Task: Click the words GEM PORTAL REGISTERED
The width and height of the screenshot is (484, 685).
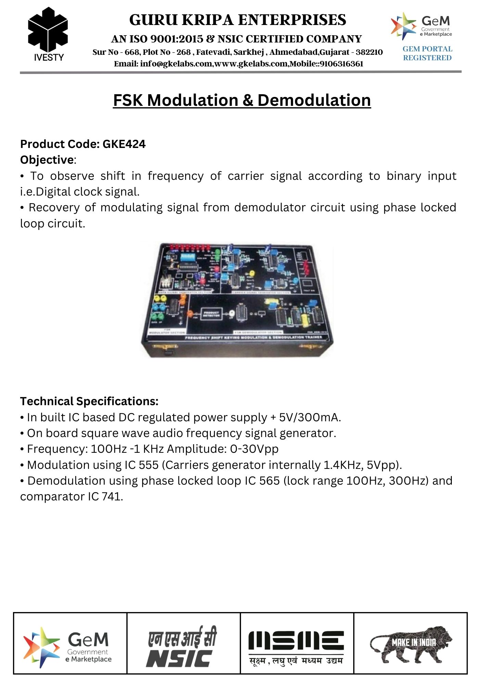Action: (x=427, y=53)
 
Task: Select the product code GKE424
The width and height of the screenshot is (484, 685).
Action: (x=124, y=144)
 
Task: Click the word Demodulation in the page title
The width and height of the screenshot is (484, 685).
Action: (x=314, y=100)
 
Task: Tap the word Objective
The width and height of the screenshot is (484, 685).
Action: (x=47, y=160)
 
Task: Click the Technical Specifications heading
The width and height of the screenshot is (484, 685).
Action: (x=89, y=401)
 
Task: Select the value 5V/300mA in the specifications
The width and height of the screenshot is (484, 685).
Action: (x=310, y=417)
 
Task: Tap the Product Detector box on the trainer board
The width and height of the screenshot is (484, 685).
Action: (x=211, y=314)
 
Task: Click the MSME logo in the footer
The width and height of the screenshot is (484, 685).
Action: (x=296, y=646)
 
